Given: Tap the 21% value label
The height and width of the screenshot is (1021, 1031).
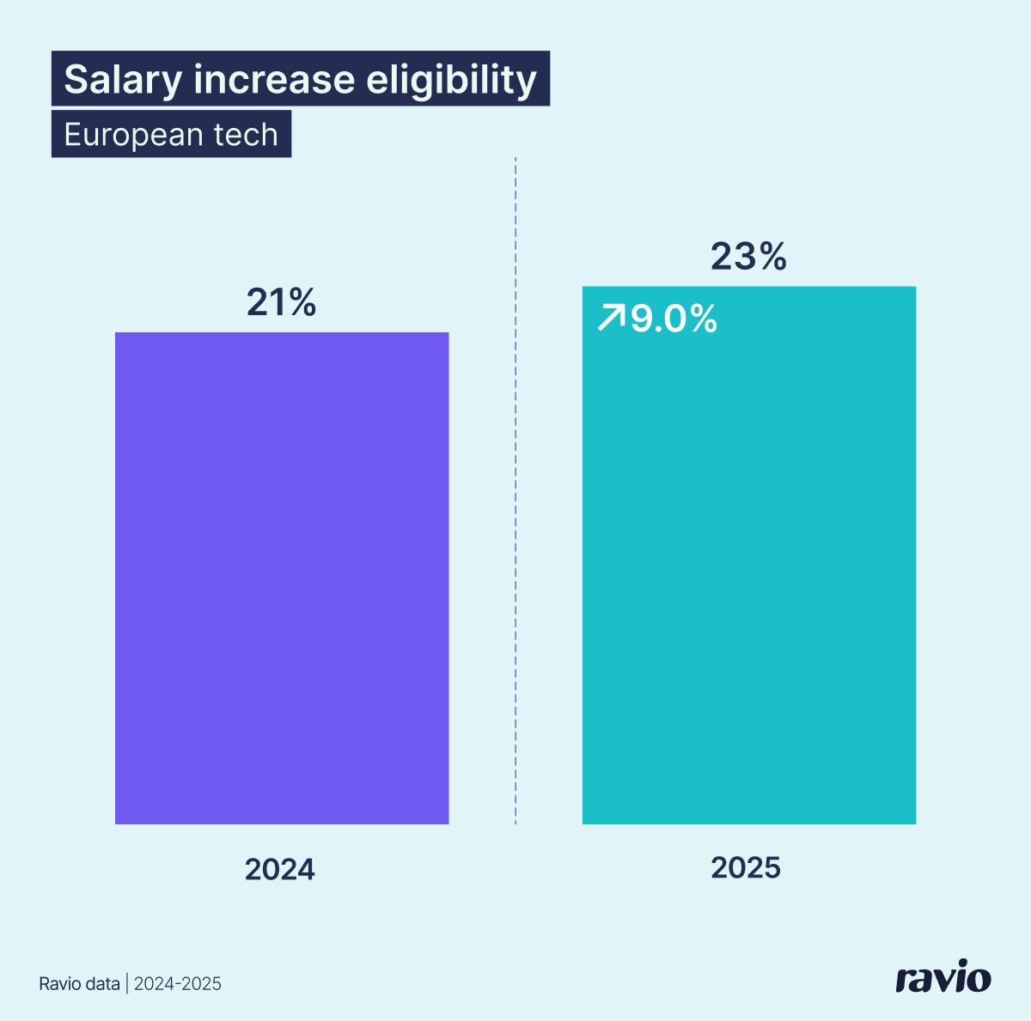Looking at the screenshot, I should [282, 302].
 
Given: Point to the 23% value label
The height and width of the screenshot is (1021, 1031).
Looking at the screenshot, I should [748, 257].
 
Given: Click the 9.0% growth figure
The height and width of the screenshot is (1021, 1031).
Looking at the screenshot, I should [674, 319].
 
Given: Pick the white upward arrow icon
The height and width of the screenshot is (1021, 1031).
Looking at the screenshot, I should [611, 318].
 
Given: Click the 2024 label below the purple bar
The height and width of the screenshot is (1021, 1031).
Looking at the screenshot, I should [280, 870].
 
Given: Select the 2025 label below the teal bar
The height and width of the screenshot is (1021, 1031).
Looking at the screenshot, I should [746, 868].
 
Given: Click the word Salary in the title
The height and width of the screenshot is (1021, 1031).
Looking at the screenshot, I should [124, 80].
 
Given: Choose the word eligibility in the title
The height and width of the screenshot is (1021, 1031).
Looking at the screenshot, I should [451, 80].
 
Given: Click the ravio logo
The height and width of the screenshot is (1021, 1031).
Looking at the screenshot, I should [943, 978].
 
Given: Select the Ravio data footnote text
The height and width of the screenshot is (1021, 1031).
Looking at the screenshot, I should [79, 984].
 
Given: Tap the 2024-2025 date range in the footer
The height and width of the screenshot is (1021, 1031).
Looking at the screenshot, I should [178, 984].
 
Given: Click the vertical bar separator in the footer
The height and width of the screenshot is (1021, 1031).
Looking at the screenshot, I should [127, 984].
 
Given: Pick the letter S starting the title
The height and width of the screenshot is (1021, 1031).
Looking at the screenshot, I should [76, 80].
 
